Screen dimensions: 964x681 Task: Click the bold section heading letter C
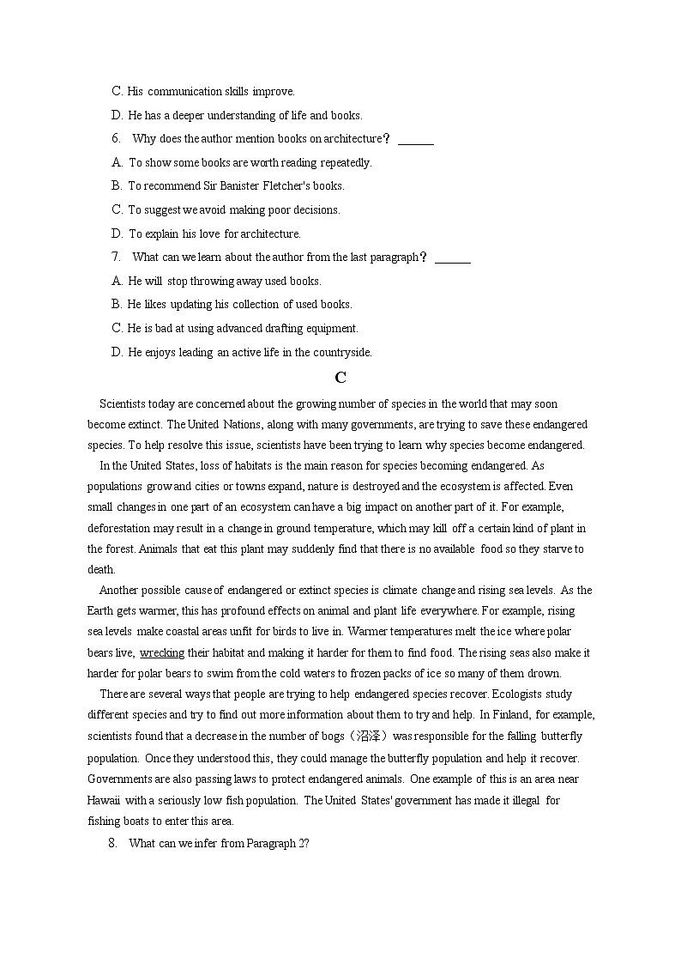(340, 378)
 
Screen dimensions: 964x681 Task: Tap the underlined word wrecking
(162, 652)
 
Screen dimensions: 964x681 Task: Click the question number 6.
(116, 138)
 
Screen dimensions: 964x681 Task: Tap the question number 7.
(116, 257)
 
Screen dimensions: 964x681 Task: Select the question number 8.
(112, 843)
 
